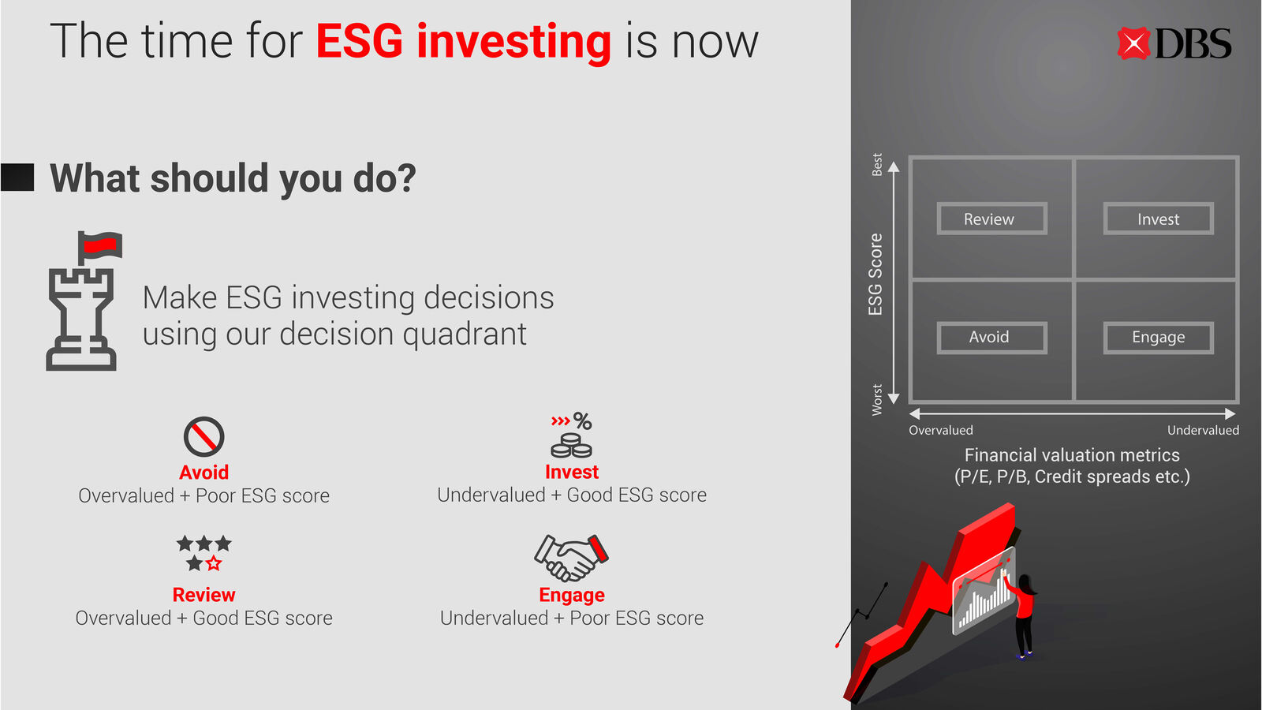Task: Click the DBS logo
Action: click(x=1174, y=43)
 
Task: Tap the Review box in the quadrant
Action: click(x=991, y=219)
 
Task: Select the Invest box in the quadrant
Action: click(x=1159, y=219)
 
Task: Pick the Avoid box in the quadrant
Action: click(x=991, y=338)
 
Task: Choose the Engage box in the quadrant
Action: click(x=1159, y=338)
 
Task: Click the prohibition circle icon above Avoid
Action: click(x=204, y=437)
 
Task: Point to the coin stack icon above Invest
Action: click(x=571, y=445)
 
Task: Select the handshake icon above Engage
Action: click(x=571, y=558)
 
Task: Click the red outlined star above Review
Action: click(x=214, y=563)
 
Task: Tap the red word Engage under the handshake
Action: click(x=572, y=595)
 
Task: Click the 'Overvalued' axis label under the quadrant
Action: click(x=941, y=431)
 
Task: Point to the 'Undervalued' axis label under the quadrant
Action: click(x=1203, y=431)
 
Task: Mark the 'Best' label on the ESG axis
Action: click(x=876, y=165)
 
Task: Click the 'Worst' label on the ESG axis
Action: click(x=876, y=400)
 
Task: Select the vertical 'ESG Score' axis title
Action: click(x=875, y=275)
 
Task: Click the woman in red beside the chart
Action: click(x=1023, y=615)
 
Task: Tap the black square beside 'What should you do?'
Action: click(x=17, y=177)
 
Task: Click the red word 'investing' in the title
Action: click(x=513, y=43)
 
